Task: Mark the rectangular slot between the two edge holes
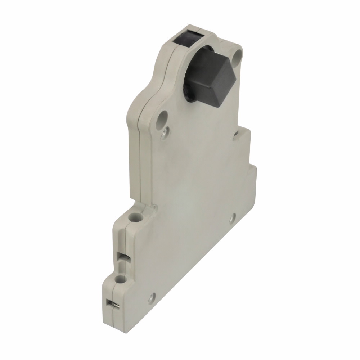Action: tap(121, 257)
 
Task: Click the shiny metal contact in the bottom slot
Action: tap(111, 304)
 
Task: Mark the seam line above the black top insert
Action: tap(197, 27)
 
